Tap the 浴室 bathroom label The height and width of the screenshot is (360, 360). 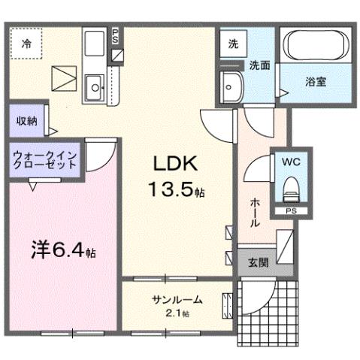[x=315, y=82]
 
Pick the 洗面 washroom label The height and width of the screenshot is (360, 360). [x=259, y=65]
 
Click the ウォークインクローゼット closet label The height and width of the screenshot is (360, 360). [x=43, y=162]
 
